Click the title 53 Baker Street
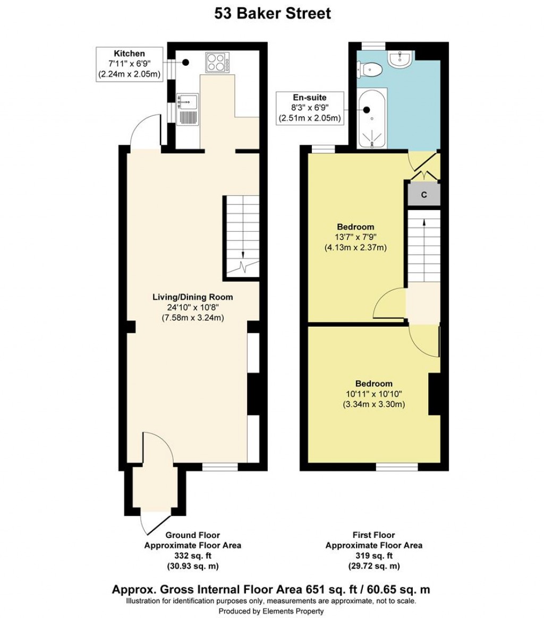click(x=272, y=14)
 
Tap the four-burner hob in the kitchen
click(x=218, y=63)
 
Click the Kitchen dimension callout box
click(x=129, y=64)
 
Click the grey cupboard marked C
click(x=423, y=195)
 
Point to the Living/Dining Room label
click(x=193, y=307)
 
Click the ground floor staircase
click(x=241, y=237)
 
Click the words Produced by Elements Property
click(x=271, y=611)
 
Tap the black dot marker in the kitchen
click(x=185, y=63)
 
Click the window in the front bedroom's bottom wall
click(x=397, y=467)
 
